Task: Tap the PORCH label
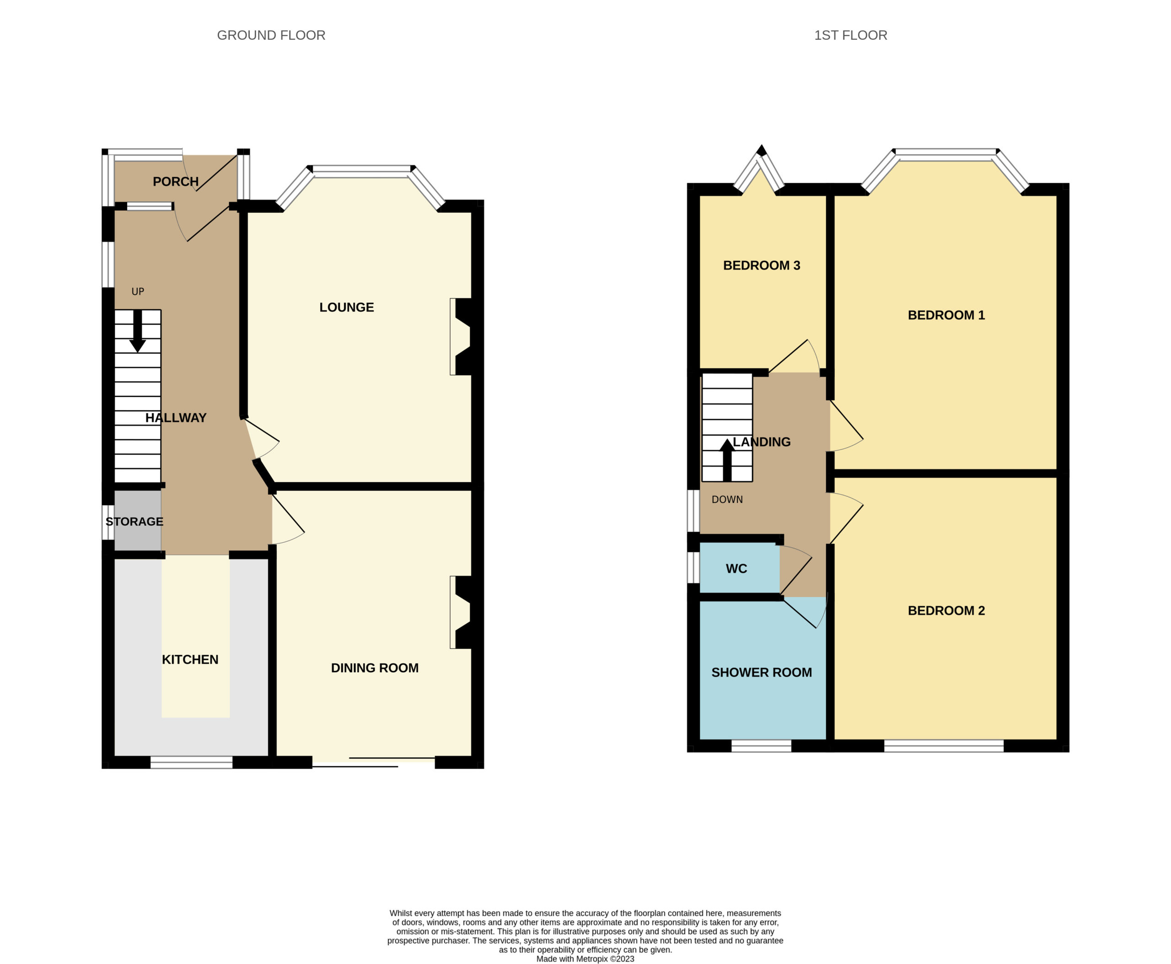coord(176,182)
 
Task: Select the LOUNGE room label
coord(346,307)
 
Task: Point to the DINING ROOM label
coord(375,668)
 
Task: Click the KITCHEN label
coord(190,660)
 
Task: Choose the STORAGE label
coord(134,522)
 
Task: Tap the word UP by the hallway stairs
coord(138,291)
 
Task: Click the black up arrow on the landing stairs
coord(727,460)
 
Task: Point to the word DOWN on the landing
coord(727,499)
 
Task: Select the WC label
coord(736,569)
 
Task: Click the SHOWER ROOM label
coord(761,673)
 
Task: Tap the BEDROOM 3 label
coord(761,265)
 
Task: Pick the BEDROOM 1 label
coord(946,315)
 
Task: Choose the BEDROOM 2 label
coord(946,611)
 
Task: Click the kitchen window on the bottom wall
coord(192,762)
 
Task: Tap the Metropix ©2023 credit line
coord(585,959)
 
